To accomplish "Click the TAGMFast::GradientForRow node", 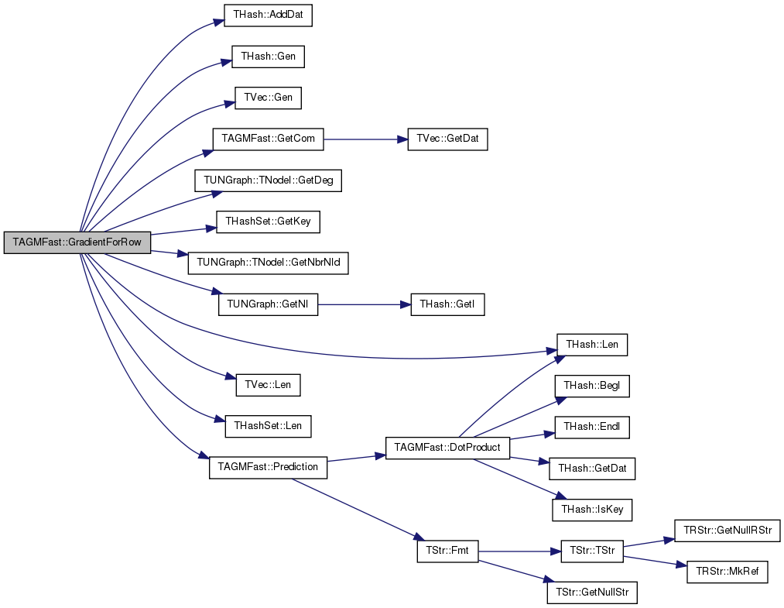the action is coord(77,242).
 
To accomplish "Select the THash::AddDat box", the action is coord(268,15).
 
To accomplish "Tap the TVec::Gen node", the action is coord(268,98).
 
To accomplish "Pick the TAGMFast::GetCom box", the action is coord(268,139).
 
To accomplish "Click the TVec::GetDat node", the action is coord(447,139).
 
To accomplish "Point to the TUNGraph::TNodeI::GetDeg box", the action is coord(268,180).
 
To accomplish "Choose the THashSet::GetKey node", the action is coord(268,222).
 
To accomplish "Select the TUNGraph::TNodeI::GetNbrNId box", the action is coord(268,263).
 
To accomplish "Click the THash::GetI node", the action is coord(447,304).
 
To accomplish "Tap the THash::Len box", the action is coord(592,345).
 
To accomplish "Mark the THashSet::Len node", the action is coord(268,426).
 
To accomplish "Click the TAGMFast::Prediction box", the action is coord(268,467).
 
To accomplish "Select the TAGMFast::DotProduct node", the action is coord(447,448).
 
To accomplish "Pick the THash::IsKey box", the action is coord(592,510).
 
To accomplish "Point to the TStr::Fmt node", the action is coord(447,551).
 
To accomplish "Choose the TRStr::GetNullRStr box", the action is coord(728,531).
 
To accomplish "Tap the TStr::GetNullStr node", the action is coord(592,593).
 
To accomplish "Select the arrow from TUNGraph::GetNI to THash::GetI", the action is coord(364,304).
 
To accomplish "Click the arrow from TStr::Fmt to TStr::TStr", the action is coord(519,551).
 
